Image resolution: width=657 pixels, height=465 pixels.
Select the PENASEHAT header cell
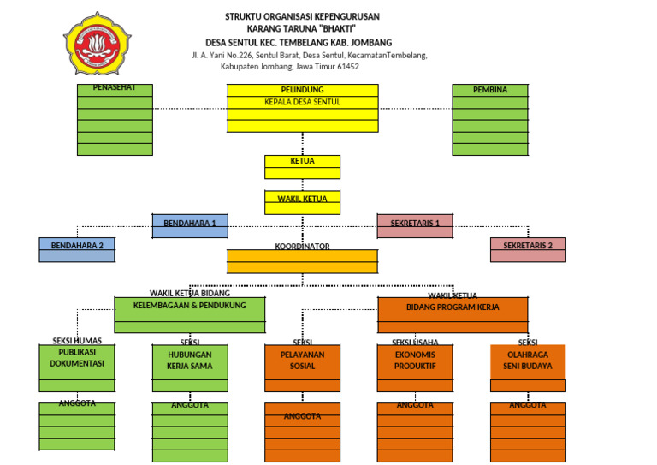(x=115, y=88)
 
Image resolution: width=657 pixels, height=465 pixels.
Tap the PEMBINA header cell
(x=490, y=90)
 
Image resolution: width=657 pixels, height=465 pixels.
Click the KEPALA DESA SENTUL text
(x=302, y=102)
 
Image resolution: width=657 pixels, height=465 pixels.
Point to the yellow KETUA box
(x=302, y=161)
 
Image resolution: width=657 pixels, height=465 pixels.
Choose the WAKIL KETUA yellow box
(x=302, y=199)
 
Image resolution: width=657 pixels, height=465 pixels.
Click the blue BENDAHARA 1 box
(x=190, y=224)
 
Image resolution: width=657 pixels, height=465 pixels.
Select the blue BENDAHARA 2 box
(x=77, y=247)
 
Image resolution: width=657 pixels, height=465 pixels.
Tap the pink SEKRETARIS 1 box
(x=415, y=224)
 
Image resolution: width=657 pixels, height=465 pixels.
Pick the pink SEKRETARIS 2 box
(x=528, y=246)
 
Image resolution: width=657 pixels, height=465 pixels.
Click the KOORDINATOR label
(x=302, y=247)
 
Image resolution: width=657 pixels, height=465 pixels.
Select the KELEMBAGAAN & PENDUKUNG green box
(x=190, y=306)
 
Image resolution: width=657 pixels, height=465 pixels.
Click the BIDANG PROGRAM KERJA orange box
(x=453, y=307)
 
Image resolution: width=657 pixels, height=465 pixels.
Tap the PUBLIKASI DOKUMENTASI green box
(x=77, y=358)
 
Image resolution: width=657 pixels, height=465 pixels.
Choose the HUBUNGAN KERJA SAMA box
(x=190, y=361)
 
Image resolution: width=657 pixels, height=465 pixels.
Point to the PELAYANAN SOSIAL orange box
(x=302, y=361)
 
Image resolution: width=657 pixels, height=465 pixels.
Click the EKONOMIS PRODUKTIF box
(x=415, y=360)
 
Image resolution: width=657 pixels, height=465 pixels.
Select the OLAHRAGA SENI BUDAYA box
(x=528, y=361)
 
